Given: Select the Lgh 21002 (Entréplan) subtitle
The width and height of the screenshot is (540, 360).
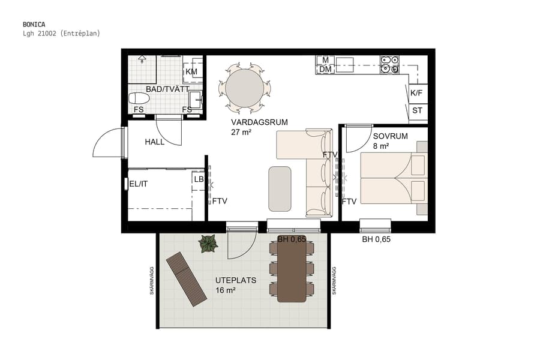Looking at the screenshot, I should [x=61, y=34].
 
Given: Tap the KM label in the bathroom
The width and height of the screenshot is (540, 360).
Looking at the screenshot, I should [x=191, y=72].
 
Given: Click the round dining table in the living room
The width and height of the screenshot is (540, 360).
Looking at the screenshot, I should [x=244, y=88].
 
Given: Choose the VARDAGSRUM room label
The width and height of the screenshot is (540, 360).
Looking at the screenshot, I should [x=259, y=122].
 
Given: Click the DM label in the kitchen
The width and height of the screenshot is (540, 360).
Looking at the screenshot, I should [x=325, y=70].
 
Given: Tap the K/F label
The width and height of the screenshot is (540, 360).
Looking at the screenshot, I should [x=416, y=93].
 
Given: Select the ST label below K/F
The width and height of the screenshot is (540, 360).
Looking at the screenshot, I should [x=417, y=110].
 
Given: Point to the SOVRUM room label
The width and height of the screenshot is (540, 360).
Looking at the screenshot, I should [x=390, y=136].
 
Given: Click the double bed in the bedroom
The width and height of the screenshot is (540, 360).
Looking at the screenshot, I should [x=393, y=178].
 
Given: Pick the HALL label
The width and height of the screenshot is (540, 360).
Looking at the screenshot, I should [x=155, y=142].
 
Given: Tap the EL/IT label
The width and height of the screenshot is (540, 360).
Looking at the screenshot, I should [x=139, y=184].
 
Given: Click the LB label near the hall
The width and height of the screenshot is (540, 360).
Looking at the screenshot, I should [x=199, y=179].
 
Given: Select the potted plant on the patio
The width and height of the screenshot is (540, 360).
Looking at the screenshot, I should [x=208, y=243].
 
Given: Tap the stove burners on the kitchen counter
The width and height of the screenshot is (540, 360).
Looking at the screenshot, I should [x=389, y=64].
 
